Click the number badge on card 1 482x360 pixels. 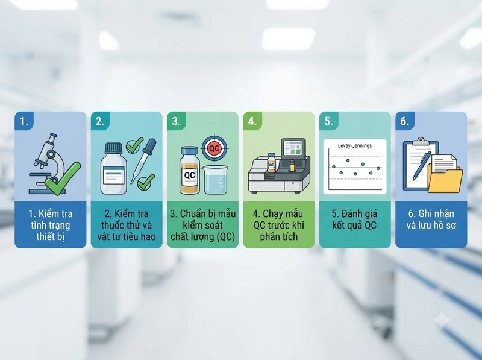[24, 121]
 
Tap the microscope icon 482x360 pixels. [46, 163]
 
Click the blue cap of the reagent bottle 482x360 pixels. [114, 148]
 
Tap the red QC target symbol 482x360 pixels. [214, 148]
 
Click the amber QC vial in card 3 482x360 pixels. [189, 170]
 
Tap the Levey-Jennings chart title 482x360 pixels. [355, 145]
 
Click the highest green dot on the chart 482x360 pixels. [348, 160]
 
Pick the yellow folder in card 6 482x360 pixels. [445, 179]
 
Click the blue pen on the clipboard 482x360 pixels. [422, 166]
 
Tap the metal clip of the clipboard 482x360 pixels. [421, 142]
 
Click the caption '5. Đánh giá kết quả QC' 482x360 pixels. [355, 219]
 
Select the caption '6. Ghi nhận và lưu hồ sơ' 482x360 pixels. [431, 219]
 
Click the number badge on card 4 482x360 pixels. [252, 121]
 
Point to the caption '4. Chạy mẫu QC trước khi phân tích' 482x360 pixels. [279, 225]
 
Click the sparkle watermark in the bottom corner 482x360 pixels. [442, 320]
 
